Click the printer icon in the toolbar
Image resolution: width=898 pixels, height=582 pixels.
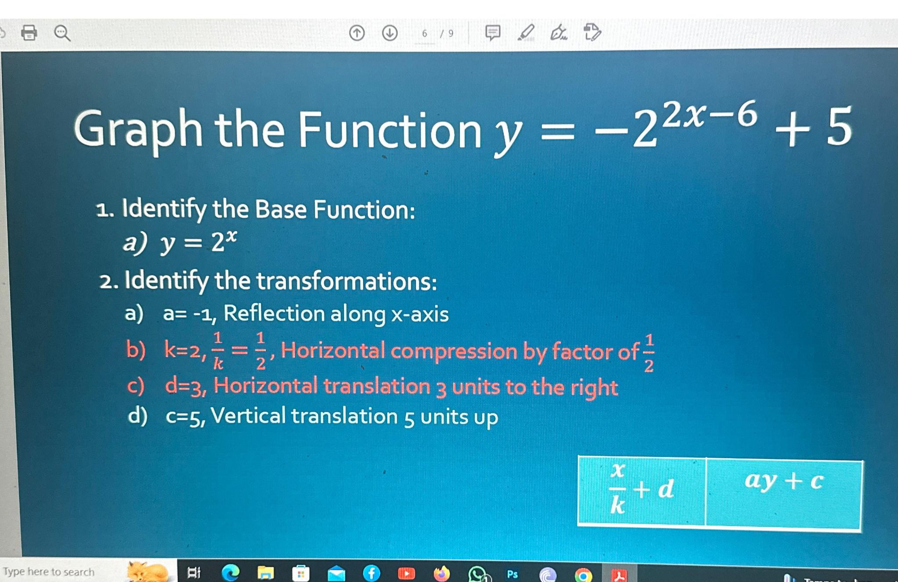[x=29, y=32]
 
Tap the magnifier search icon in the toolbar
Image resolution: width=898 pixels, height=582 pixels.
[x=62, y=33]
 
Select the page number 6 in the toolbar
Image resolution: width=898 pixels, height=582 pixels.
[x=424, y=33]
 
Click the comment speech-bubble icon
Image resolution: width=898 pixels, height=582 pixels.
[x=492, y=32]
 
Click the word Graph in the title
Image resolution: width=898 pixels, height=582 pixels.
[x=139, y=130]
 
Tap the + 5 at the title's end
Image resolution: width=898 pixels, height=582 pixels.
[x=813, y=127]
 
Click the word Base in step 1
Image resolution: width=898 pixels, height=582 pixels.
[x=281, y=209]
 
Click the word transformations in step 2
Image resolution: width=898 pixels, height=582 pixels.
[x=346, y=281]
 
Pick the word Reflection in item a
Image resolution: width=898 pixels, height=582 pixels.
[x=274, y=314]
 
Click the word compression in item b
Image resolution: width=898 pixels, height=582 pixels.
[x=454, y=351]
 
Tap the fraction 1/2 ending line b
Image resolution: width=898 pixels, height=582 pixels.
[x=649, y=353]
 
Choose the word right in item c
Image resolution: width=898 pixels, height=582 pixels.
[x=594, y=388]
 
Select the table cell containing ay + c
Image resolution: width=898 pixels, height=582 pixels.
[x=784, y=494]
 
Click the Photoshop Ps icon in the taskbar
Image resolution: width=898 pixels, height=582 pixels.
[x=512, y=574]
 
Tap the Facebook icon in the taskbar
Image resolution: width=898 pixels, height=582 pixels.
[x=371, y=573]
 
